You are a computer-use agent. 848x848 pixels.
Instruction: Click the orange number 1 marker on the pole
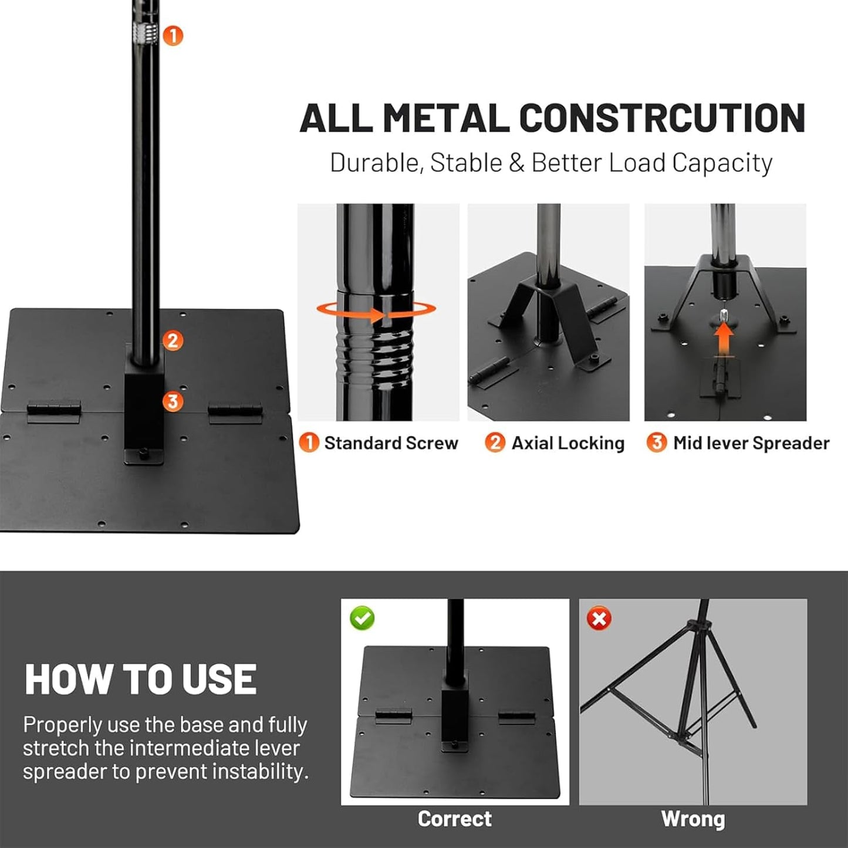point(173,36)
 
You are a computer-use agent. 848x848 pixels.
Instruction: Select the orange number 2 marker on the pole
point(172,340)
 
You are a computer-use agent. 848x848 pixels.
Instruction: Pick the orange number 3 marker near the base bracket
point(173,401)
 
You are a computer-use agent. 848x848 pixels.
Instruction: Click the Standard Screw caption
point(390,443)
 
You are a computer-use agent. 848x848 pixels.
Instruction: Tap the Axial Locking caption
point(567,443)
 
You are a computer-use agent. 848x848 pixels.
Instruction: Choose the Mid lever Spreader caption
point(751,443)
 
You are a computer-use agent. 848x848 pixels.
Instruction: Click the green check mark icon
point(362,618)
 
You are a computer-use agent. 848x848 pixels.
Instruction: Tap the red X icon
point(599,619)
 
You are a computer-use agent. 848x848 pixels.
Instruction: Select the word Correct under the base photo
point(454,819)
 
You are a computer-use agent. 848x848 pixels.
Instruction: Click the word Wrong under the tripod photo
point(692,819)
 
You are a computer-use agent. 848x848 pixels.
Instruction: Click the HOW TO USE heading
point(140,680)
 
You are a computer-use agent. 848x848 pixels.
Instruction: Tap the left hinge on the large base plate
point(54,411)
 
